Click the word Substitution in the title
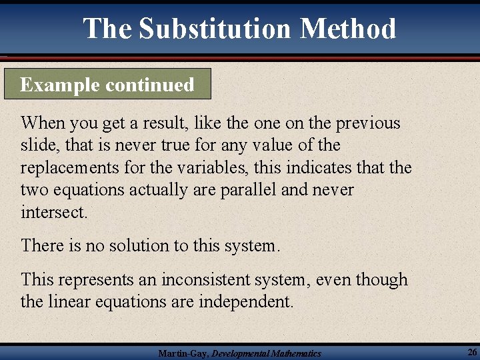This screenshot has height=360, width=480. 215,29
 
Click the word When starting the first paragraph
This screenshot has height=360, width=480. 41,123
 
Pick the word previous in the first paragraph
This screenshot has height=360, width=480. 368,123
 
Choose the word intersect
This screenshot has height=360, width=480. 53,213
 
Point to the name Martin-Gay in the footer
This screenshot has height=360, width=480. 182,353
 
